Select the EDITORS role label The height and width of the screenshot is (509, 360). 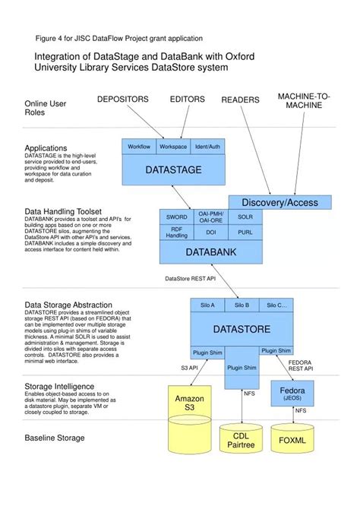pos(187,100)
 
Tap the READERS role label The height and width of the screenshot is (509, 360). pos(240,100)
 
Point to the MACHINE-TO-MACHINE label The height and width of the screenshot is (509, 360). pos(304,100)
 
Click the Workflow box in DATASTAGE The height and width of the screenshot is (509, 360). pos(139,146)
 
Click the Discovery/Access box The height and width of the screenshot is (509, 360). pos(279,202)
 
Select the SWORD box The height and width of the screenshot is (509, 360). pos(176,217)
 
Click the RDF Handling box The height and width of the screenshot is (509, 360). pos(176,233)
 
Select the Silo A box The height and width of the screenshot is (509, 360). pos(207,306)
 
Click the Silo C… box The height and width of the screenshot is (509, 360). pos(276,306)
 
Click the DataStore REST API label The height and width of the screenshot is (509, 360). pos(191,279)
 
